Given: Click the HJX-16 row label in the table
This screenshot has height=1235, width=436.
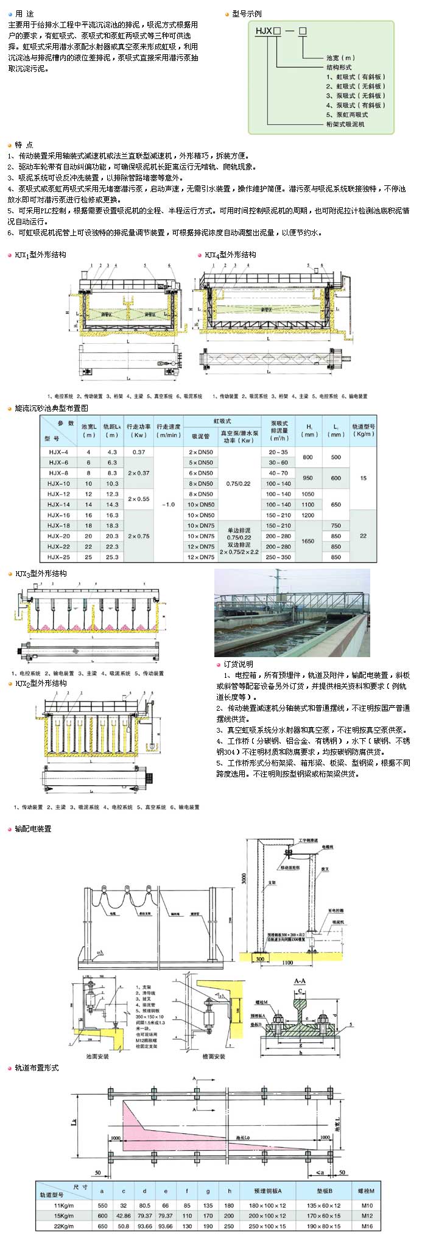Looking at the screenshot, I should click(58, 515).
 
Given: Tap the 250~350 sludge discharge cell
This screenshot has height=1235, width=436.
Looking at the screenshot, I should click(278, 557).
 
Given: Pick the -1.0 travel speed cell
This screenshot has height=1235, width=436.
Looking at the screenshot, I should click(168, 504).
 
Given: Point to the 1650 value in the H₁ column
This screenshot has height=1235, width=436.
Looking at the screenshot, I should click(308, 541).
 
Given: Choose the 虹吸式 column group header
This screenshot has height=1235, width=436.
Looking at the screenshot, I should click(222, 421).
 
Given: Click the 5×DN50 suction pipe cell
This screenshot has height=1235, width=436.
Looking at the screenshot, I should click(201, 462).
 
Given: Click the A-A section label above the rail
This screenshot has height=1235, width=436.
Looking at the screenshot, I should click(300, 981).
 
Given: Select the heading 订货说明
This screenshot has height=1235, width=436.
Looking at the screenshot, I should click(238, 664).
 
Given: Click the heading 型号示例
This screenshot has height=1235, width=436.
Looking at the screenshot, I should click(247, 13).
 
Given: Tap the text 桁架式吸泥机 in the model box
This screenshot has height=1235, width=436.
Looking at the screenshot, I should click(345, 124).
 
